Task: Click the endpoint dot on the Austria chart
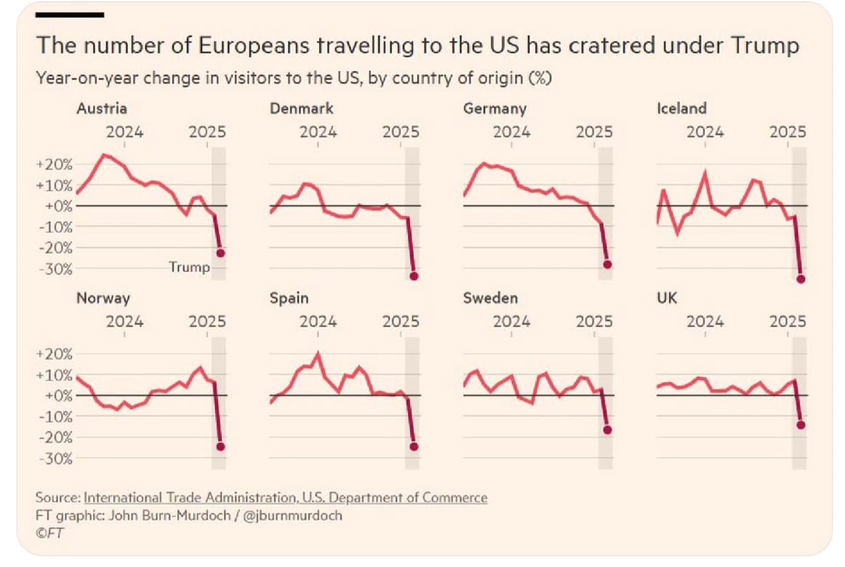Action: (220, 253)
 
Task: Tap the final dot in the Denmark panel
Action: (414, 276)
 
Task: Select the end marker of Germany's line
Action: (607, 265)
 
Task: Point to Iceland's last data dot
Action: (801, 278)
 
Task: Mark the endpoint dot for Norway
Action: (220, 447)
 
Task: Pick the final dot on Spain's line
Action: (414, 446)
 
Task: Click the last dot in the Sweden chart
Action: (607, 430)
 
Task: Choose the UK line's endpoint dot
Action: (801, 425)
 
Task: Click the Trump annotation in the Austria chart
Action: (189, 267)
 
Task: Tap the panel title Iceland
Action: (681, 108)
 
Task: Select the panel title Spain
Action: (289, 298)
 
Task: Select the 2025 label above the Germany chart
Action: (594, 132)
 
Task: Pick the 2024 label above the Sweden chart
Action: (511, 321)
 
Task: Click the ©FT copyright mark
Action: (49, 533)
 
